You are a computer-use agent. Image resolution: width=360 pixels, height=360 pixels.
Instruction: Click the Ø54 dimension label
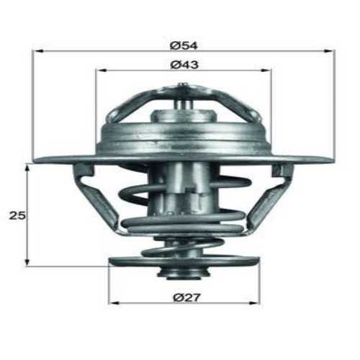[184, 45]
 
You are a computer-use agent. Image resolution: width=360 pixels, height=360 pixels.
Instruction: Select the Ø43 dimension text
[184, 64]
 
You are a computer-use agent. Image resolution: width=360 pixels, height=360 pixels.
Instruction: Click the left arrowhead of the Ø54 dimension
[37, 52]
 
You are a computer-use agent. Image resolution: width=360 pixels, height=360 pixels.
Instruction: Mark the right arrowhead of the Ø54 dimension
[331, 52]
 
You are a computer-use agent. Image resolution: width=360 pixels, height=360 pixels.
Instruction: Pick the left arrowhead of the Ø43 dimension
[99, 71]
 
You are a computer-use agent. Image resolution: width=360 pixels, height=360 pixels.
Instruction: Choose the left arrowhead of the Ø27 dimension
[112, 302]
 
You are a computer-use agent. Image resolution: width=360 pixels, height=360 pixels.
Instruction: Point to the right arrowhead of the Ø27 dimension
[256, 302]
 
